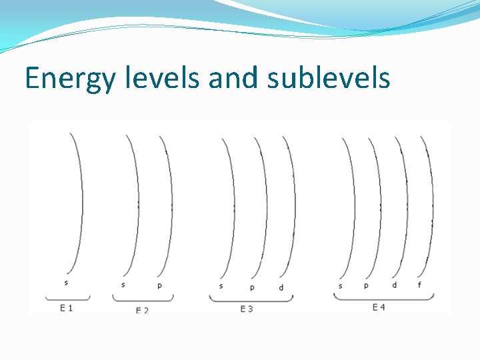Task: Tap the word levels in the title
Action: point(163,78)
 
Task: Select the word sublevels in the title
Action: point(328,78)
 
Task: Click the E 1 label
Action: point(66,307)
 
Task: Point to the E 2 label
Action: point(142,311)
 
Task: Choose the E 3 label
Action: point(246,309)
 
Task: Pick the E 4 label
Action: point(379,307)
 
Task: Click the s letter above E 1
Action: point(66,283)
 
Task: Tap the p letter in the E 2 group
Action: point(160,285)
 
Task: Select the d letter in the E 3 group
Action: point(281,287)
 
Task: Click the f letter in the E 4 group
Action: point(419,285)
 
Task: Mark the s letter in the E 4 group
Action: point(341,286)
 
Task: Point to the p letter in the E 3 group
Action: point(252,287)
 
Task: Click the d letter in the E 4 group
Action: point(394,285)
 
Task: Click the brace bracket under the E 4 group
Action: point(379,297)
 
